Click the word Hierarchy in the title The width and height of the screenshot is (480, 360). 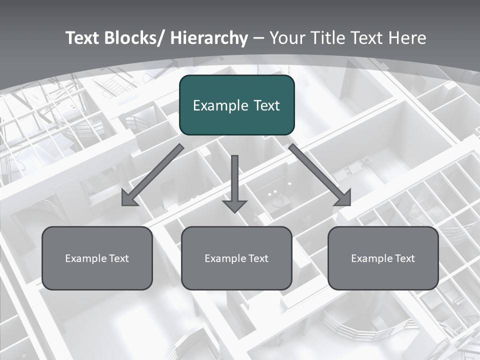click(209, 38)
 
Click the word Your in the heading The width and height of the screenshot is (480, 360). click(285, 38)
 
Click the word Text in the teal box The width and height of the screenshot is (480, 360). click(266, 105)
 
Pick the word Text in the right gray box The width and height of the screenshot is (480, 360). click(405, 258)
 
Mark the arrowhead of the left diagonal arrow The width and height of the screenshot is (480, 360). click(129, 198)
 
